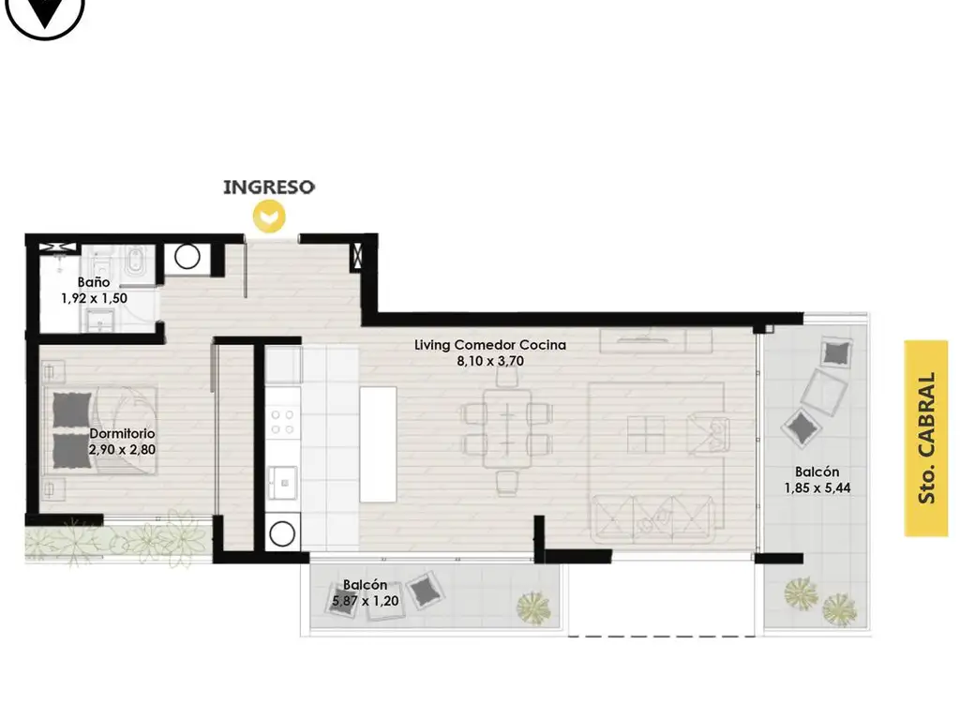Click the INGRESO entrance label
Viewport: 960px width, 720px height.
[x=269, y=187]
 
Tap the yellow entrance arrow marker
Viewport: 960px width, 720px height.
[x=269, y=217]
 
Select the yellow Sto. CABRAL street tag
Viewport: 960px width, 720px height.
[x=926, y=439]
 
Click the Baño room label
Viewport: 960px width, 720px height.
[x=94, y=282]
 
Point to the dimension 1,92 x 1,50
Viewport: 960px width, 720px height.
[x=95, y=298]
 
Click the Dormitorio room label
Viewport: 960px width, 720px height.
[x=122, y=433]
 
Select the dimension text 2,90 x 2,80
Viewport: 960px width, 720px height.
[x=122, y=449]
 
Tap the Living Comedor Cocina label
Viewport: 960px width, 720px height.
[x=490, y=345]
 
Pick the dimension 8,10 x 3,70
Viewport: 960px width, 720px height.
[x=490, y=361]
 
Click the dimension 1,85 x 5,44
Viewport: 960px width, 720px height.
[x=817, y=487]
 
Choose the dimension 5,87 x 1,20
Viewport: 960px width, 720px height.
[x=365, y=601]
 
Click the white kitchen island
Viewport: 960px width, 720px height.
[x=378, y=443]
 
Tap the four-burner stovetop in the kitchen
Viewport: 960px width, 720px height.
[x=283, y=422]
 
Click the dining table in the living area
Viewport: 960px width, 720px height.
[x=507, y=428]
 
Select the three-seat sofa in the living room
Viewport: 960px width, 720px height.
[x=653, y=517]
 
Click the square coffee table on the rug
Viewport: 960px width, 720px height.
[x=646, y=435]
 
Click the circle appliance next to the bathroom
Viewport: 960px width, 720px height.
[x=187, y=257]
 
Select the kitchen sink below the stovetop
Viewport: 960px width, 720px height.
[x=283, y=483]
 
